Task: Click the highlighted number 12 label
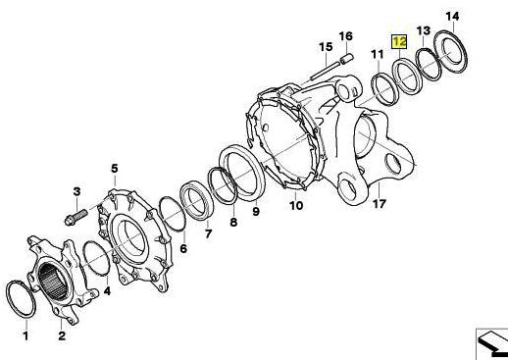coord(399,42)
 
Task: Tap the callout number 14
coord(452,16)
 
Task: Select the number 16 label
coord(346,36)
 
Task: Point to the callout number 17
coord(380,204)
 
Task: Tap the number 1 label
coord(25,335)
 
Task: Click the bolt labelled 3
coord(76,218)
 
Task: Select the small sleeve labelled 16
coord(347,59)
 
